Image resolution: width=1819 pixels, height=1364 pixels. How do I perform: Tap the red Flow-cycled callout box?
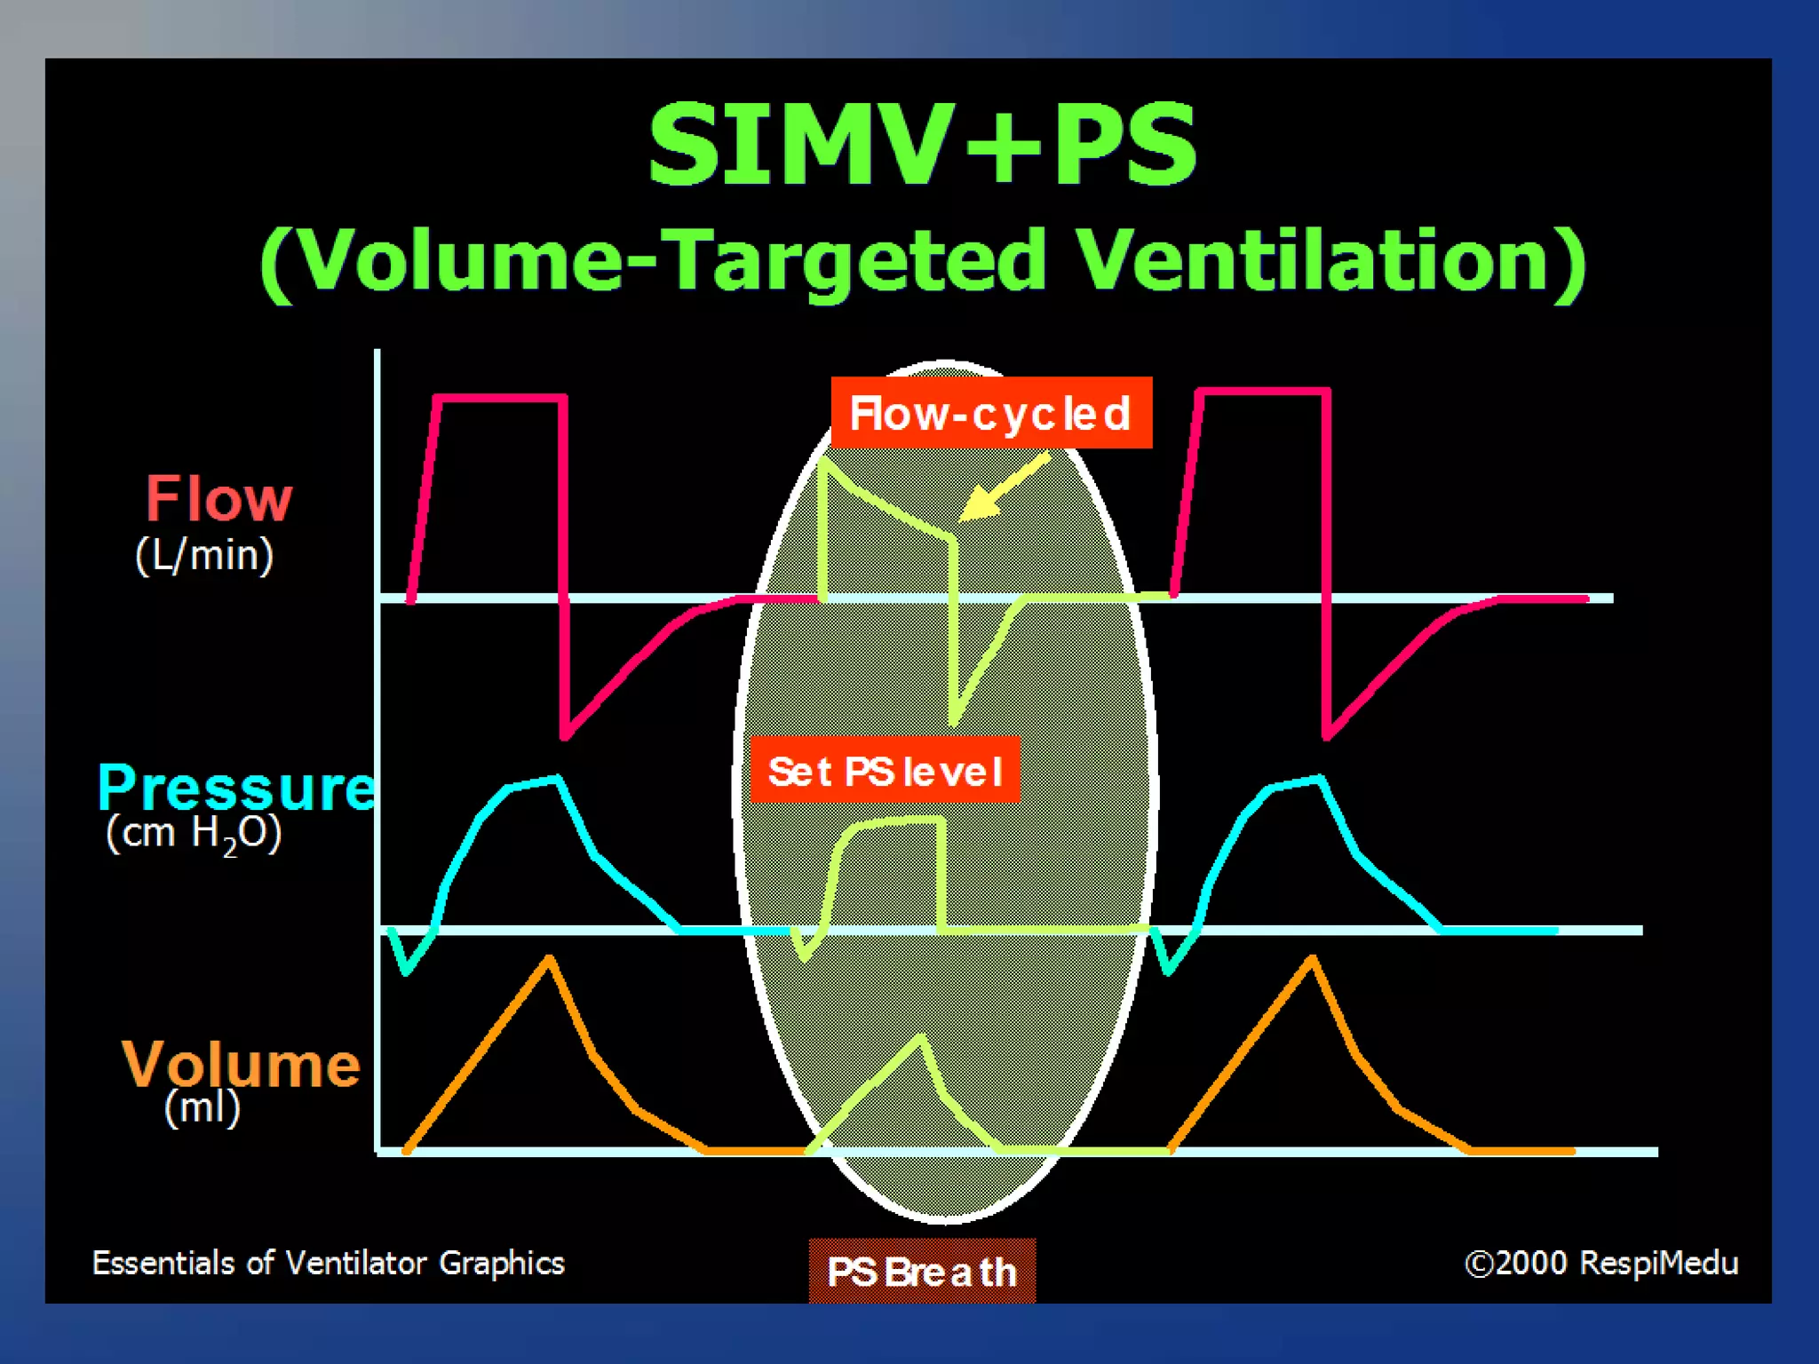(991, 413)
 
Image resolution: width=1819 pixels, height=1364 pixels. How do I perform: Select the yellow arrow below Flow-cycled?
(1004, 488)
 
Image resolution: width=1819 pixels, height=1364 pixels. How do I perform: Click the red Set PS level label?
(886, 771)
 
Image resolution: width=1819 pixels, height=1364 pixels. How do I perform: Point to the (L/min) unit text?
(204, 556)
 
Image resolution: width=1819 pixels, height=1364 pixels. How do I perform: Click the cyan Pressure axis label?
(236, 788)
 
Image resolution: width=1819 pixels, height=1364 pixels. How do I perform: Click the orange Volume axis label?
(241, 1063)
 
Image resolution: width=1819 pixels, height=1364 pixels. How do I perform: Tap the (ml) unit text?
(203, 1107)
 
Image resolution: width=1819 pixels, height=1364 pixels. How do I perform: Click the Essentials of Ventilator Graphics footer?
(329, 1263)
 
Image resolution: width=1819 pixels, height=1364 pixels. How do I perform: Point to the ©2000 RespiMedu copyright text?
(1601, 1263)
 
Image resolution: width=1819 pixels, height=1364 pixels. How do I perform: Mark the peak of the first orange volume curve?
(550, 959)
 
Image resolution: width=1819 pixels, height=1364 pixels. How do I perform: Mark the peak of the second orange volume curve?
(1313, 959)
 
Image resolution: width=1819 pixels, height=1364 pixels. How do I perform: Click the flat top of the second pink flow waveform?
(1264, 391)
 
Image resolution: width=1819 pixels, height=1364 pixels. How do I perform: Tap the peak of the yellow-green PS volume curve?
(922, 1038)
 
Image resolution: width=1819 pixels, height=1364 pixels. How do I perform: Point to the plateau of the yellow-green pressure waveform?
(897, 822)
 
